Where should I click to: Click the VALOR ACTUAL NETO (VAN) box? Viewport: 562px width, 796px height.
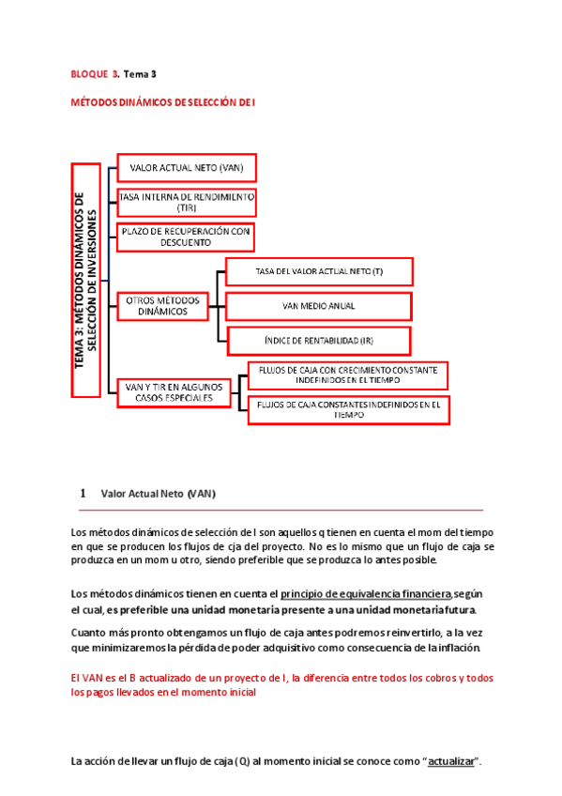[186, 168]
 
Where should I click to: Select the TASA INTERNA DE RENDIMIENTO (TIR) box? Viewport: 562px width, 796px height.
[186, 202]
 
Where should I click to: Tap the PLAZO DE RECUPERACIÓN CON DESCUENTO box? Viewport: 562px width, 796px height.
[186, 236]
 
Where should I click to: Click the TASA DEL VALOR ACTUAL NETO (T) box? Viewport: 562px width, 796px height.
[319, 272]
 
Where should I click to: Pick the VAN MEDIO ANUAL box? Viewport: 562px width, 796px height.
[319, 306]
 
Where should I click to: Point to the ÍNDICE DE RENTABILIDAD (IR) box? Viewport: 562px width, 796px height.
[319, 339]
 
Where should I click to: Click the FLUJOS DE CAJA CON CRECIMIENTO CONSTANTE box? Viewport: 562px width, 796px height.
[347, 375]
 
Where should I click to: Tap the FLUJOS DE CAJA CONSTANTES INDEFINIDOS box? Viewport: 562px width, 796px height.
[348, 409]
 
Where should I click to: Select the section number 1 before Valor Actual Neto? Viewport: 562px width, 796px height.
[84, 493]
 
